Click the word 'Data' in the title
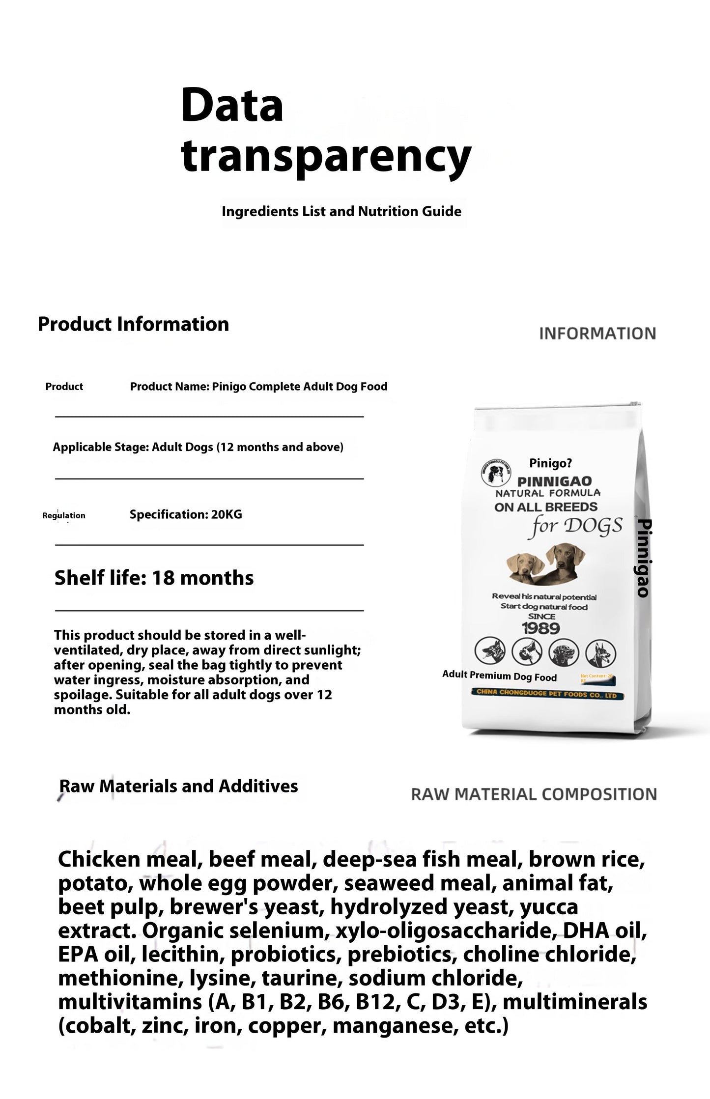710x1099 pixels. (232, 105)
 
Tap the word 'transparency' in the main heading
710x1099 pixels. (326, 156)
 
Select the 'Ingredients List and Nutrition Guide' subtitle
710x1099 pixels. (341, 212)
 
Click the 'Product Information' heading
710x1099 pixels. (133, 324)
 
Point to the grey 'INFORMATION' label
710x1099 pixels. (597, 334)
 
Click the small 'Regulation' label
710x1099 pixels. (64, 515)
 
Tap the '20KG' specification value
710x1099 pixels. (227, 515)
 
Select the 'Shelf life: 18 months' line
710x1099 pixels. (154, 578)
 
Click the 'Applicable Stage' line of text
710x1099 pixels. (198, 447)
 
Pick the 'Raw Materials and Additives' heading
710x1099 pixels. (178, 786)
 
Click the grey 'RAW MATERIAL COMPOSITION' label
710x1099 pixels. (534, 794)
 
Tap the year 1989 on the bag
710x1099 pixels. (541, 628)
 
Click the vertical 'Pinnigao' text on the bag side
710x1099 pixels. (643, 558)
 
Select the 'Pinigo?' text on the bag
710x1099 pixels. (550, 463)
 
